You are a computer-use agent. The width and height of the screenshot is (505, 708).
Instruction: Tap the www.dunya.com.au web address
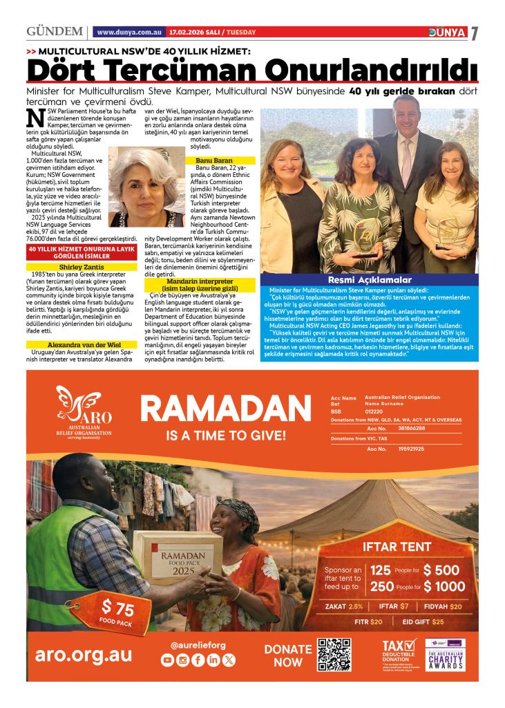tap(130, 32)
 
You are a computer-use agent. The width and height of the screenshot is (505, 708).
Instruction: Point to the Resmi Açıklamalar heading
tap(369, 280)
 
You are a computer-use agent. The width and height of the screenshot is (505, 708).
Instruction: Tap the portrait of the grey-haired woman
tap(146, 188)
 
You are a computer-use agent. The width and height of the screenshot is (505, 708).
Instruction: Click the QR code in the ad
tap(334, 655)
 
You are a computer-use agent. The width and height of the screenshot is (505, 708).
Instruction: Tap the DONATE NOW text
tap(287, 655)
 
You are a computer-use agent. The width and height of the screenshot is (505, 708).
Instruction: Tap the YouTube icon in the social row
tap(167, 660)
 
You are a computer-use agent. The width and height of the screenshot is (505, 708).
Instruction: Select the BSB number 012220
tap(376, 411)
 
